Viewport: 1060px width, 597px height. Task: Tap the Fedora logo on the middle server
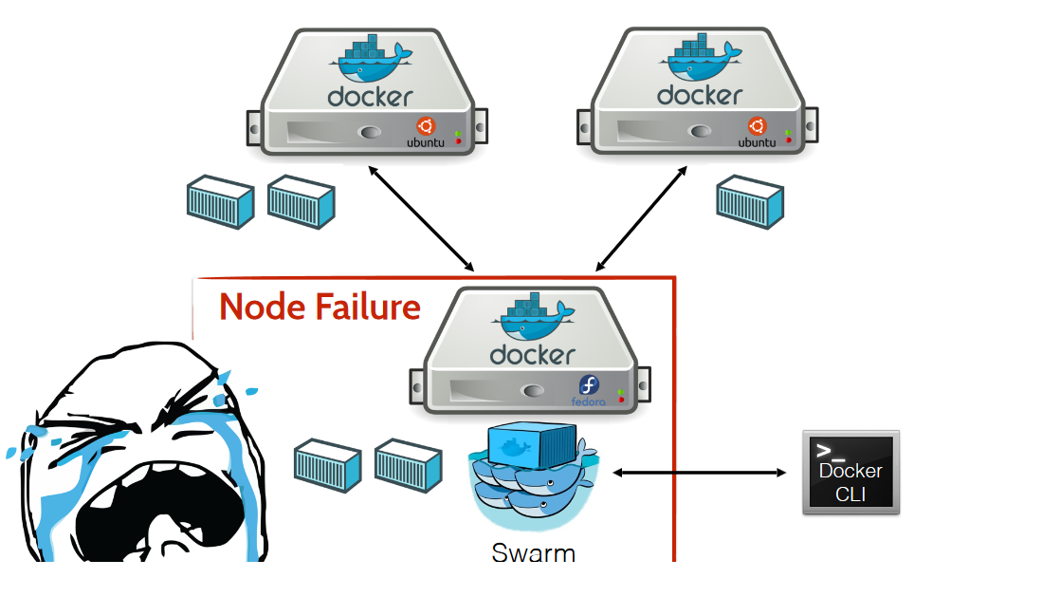(x=590, y=386)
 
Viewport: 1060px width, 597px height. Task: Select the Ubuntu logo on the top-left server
(x=426, y=126)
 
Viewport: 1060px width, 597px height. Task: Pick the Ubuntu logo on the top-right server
(x=757, y=126)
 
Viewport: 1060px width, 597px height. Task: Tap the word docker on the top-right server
(x=700, y=96)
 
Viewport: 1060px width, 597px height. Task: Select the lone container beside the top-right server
(x=750, y=201)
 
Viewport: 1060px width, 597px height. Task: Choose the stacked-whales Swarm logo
(x=532, y=475)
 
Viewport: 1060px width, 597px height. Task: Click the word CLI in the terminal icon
(x=850, y=494)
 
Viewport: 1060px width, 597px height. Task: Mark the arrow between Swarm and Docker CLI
(x=700, y=472)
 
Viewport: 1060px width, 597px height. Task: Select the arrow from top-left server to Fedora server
(x=421, y=218)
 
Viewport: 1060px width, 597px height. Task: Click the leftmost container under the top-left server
(x=220, y=201)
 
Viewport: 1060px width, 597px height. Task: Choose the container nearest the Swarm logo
(x=409, y=465)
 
